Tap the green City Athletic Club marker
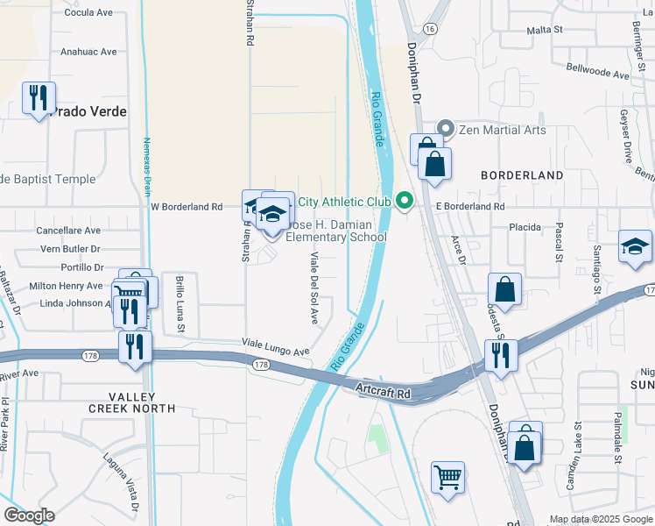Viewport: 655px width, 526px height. [404, 202]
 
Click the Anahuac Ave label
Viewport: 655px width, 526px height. [88, 52]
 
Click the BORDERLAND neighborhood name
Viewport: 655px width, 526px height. [522, 175]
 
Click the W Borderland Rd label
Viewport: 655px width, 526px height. [187, 207]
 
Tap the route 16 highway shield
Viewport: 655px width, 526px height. [430, 29]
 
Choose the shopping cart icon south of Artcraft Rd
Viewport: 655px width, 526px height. [447, 478]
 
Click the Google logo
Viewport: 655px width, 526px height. [28, 515]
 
